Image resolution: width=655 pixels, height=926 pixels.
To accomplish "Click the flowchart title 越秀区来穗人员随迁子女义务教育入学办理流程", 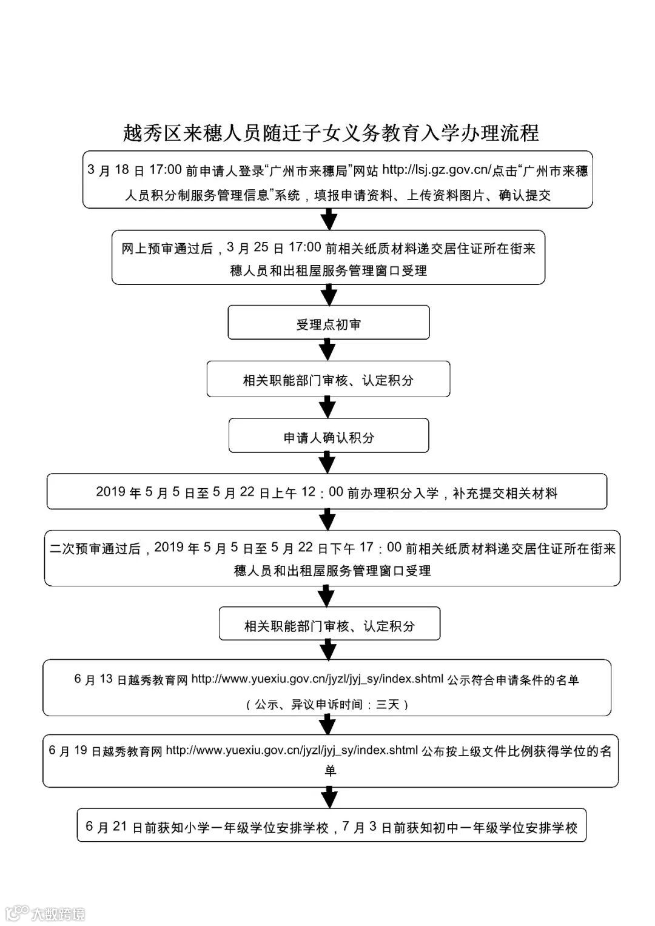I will (x=331, y=133).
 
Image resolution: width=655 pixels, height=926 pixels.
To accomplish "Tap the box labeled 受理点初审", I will (x=328, y=324).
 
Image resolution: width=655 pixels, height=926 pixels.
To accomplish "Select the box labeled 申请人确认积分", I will (x=328, y=437).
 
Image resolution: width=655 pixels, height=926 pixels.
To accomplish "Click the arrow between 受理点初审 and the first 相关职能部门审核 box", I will (x=327, y=349).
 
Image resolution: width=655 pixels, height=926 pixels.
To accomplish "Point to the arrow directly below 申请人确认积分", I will (x=327, y=463).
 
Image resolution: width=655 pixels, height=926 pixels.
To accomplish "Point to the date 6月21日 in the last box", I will (x=113, y=827).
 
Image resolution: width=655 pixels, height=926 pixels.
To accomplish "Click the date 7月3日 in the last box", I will (x=366, y=827).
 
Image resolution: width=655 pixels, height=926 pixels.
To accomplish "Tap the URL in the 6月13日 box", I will (x=317, y=679).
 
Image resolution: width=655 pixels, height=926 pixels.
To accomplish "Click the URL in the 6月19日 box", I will (x=292, y=751).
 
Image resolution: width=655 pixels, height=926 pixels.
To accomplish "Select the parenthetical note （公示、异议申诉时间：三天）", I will (x=327, y=705).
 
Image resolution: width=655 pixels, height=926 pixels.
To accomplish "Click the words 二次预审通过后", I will (x=96, y=549).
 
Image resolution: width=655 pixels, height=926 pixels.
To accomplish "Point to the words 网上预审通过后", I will (x=167, y=249).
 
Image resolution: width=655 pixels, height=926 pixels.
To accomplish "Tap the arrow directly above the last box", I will (x=328, y=796).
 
